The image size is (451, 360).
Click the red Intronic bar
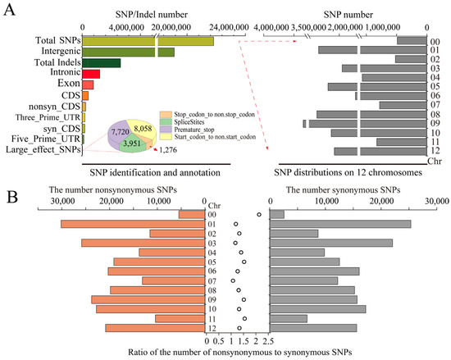click(91, 74)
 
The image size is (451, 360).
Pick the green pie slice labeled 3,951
click(132, 143)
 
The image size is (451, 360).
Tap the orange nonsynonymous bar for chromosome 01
click(132, 224)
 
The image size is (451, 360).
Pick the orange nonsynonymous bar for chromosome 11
click(180, 318)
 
